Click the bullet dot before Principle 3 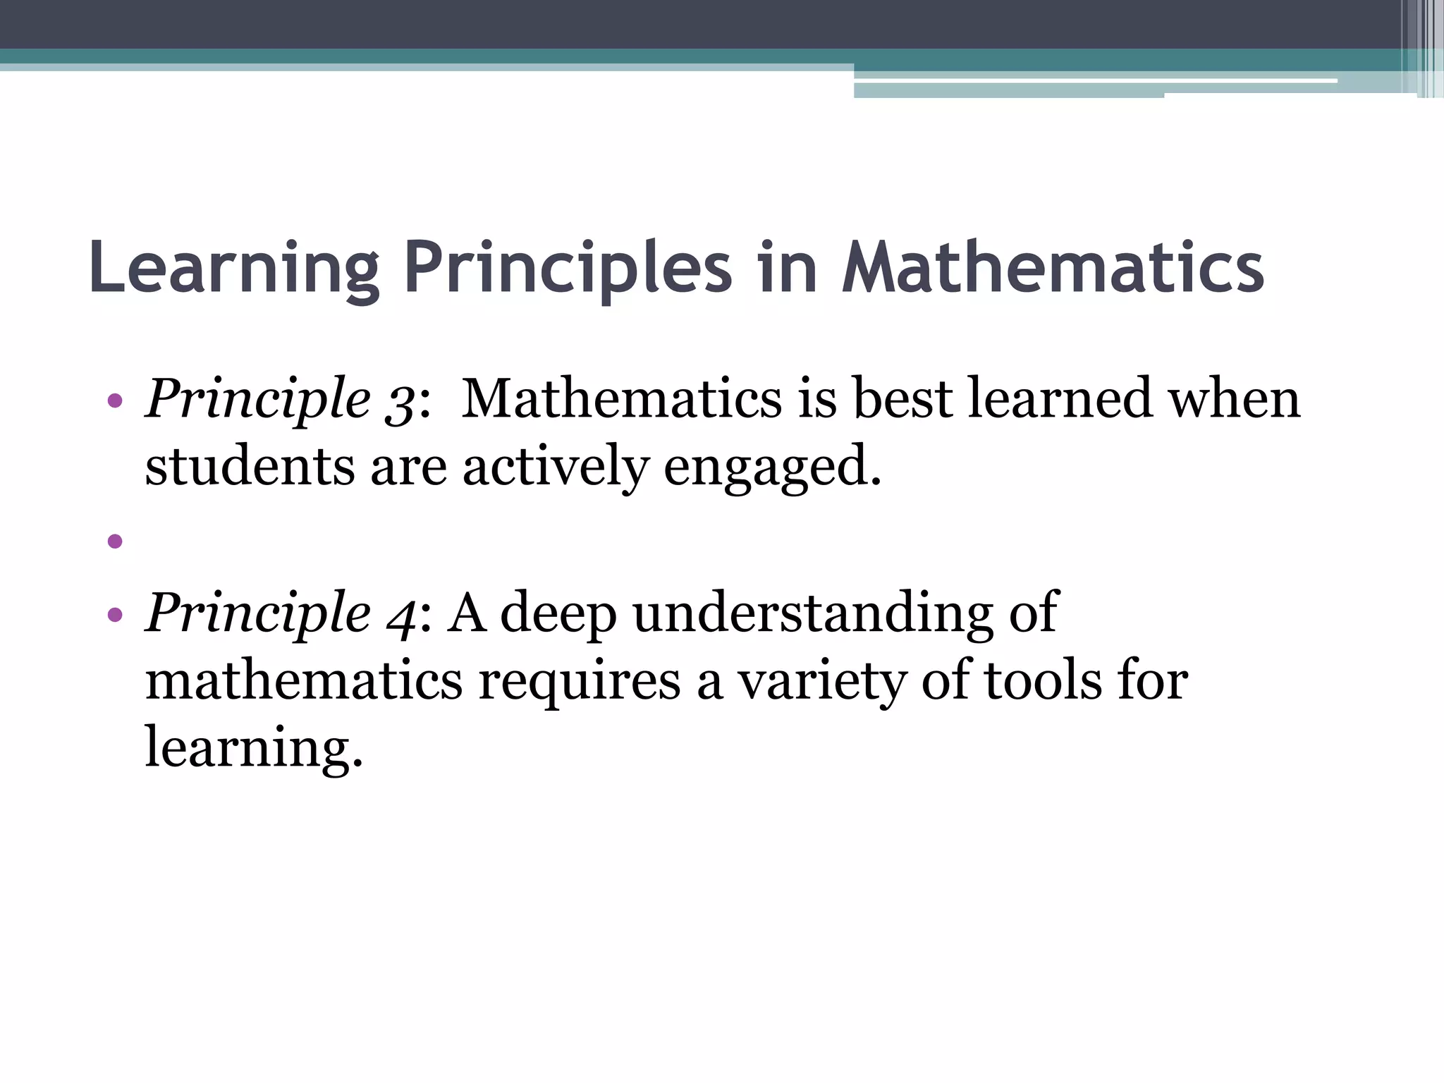click(115, 402)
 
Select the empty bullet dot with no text click(115, 541)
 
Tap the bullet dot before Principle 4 click(115, 615)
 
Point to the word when click(1235, 399)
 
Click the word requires click(579, 683)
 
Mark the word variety click(821, 683)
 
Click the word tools click(1042, 681)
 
